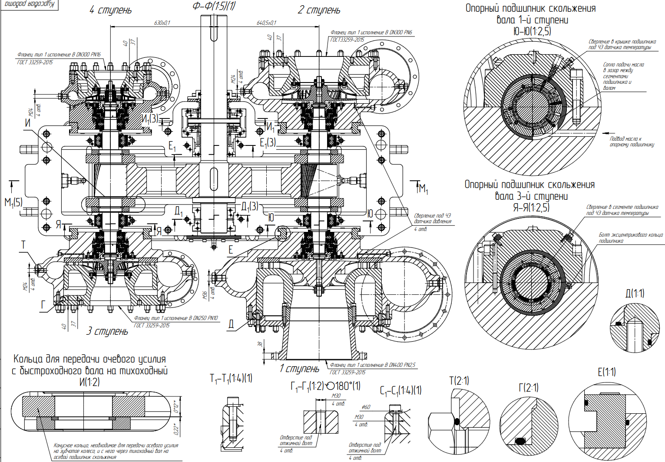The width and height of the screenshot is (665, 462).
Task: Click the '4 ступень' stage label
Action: pos(110,10)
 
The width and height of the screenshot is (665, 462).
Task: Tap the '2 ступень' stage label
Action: pos(319,10)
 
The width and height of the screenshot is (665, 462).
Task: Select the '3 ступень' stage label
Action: pos(107,331)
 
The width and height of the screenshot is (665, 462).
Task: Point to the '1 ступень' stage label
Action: pos(299,369)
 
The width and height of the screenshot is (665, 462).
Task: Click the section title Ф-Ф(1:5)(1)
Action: pos(214,6)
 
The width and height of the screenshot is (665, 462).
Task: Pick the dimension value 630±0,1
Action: pos(162,23)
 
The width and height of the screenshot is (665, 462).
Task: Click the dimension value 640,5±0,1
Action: pos(266,23)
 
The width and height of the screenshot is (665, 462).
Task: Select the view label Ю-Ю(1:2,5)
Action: pos(532,31)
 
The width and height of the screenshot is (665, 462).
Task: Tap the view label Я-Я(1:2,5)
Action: pos(531,208)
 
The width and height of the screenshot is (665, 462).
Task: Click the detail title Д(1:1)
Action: pos(635,294)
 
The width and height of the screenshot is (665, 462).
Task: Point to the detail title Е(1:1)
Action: pos(607,372)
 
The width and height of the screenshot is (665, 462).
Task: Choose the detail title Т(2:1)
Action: pos(459,381)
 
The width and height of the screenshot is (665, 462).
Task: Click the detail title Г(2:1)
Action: pos(529,387)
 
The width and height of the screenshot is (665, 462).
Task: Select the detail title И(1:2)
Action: pos(89,382)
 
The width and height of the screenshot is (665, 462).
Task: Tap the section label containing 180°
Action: pos(325,386)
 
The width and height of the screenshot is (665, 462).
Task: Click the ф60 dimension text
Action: pos(366,407)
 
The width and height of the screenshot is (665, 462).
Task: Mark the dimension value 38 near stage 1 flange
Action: pos(260,343)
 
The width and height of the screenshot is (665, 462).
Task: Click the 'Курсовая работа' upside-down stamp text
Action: pos(29,4)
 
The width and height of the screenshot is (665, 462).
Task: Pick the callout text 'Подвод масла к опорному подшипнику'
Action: pos(631,142)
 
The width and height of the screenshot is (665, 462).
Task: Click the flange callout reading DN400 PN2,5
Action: pos(373,365)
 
